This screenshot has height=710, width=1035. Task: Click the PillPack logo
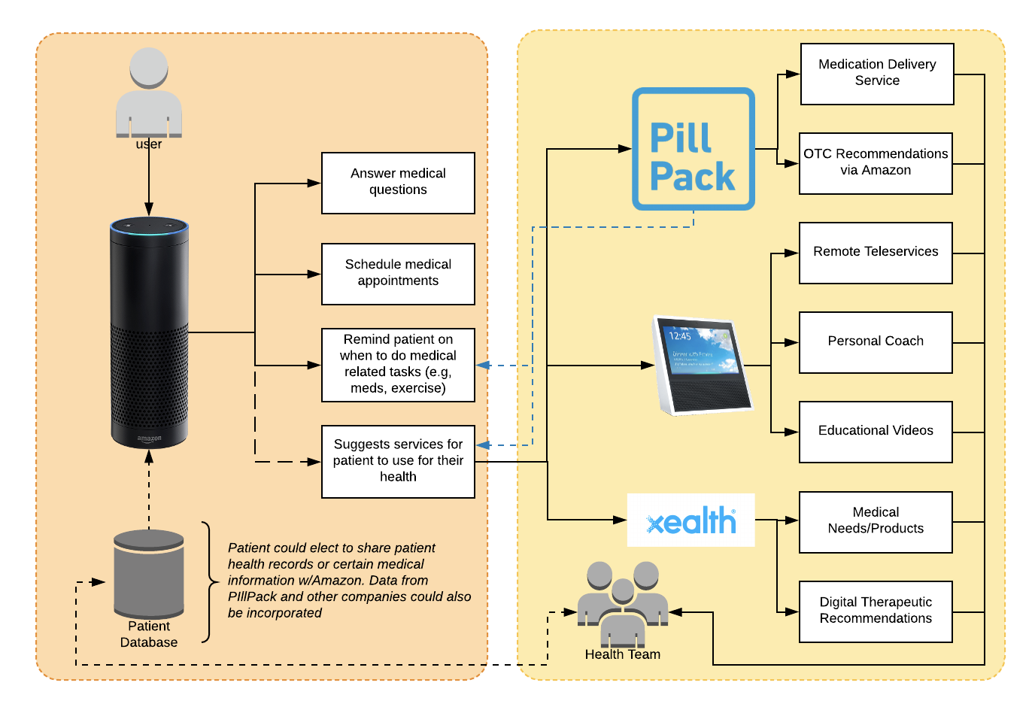coord(693,149)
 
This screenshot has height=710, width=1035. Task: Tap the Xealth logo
coord(691,520)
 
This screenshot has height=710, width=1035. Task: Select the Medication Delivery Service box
coord(877,74)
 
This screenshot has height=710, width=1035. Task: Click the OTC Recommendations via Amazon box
coord(876,163)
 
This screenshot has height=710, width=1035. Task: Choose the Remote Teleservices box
coord(876,253)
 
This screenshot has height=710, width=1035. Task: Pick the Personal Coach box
coord(876,342)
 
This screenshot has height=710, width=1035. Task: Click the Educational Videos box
coord(876,432)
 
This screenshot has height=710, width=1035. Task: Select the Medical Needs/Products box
coord(876,522)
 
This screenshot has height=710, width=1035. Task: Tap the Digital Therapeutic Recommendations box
coord(876,611)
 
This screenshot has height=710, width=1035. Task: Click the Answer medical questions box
coord(398,183)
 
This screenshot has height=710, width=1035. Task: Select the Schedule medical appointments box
coord(398,274)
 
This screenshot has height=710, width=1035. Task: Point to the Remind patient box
coord(398,365)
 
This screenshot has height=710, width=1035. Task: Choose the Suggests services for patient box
coord(398,461)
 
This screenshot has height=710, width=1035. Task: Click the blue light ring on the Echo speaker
coord(149,226)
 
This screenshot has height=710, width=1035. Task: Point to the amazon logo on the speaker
coord(149,438)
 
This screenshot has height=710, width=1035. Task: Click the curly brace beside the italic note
coord(207,582)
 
